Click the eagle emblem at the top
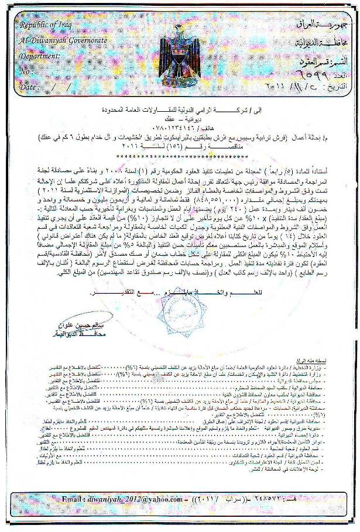pyautogui.click(x=180, y=49)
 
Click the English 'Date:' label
pyautogui.click(x=30, y=86)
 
